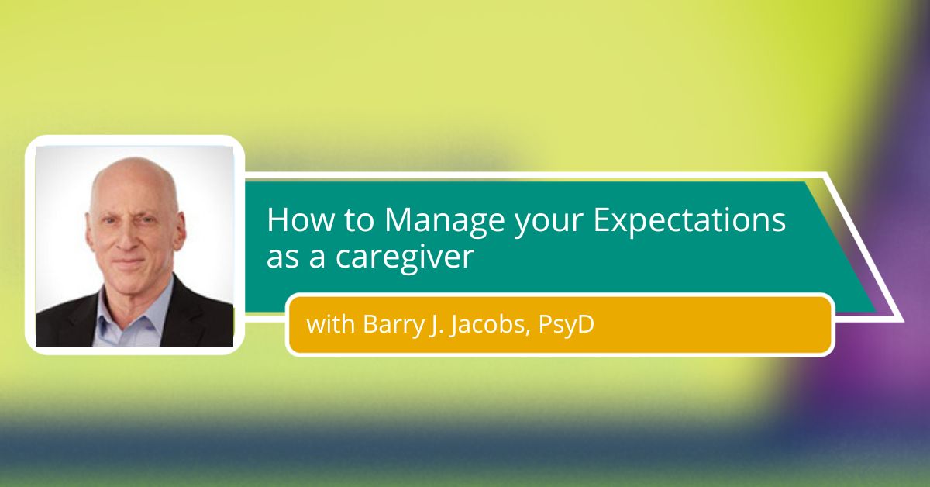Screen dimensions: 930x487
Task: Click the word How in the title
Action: coord(300,219)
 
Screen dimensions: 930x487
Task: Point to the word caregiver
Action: coord(405,258)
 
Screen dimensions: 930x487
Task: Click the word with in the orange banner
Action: coord(330,324)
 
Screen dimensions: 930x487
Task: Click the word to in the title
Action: coord(359,221)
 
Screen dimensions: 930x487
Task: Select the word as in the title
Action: coord(282,258)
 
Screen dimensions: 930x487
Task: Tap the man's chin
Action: coord(131,285)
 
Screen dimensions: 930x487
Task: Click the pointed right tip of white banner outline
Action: coord(903,321)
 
